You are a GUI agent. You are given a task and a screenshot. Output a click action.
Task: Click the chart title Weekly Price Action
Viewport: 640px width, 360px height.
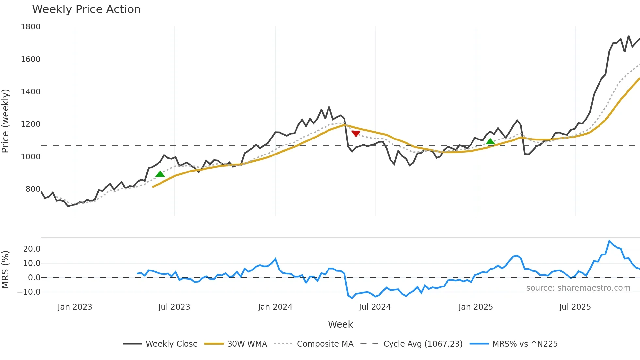[86, 9]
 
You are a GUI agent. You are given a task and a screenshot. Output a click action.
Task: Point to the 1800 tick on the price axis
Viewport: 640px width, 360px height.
[30, 27]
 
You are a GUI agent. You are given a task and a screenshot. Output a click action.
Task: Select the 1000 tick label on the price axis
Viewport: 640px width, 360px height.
[30, 157]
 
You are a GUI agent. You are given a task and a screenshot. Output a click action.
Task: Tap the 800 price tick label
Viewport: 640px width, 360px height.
[33, 189]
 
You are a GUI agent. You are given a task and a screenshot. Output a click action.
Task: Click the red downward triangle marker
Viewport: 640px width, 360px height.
[356, 133]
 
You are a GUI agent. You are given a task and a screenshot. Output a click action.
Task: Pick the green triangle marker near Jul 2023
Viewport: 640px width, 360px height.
[160, 174]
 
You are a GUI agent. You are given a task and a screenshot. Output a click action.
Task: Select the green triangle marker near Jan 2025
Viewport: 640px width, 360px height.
[490, 141]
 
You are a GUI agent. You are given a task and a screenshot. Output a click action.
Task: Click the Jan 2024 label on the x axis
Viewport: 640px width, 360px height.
[275, 307]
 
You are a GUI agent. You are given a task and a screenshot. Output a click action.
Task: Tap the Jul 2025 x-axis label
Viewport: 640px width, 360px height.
[575, 307]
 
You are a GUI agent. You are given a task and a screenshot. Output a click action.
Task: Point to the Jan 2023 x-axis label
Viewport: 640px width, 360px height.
[75, 307]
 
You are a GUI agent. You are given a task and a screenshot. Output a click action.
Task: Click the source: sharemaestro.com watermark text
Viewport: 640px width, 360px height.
[578, 288]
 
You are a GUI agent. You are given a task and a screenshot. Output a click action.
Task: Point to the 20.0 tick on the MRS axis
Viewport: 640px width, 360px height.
[32, 249]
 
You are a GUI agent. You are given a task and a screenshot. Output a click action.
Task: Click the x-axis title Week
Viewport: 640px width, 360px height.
[340, 324]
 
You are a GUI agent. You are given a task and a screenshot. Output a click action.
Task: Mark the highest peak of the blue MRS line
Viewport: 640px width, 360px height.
[609, 241]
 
